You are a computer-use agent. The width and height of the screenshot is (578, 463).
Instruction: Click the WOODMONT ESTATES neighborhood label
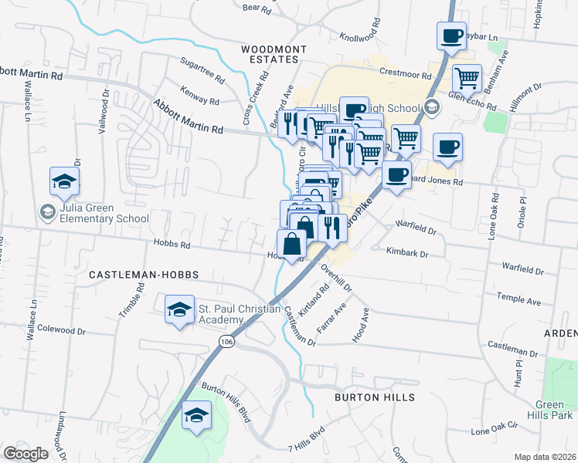coord(274,54)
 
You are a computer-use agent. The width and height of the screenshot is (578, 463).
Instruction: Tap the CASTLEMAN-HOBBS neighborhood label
coord(144,275)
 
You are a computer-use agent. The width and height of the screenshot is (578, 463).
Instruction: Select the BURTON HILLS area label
coord(374,397)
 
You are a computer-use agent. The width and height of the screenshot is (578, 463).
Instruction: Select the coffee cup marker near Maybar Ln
coord(452,35)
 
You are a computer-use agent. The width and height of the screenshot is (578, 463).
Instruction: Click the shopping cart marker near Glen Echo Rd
coord(467,78)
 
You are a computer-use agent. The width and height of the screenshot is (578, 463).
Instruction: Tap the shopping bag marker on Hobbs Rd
coord(293,245)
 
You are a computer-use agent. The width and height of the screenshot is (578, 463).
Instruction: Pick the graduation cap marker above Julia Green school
coord(65,181)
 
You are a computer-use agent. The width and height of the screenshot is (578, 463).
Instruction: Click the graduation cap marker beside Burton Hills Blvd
coord(197,416)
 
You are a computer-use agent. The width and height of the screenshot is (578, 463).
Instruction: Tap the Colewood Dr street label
coord(61,330)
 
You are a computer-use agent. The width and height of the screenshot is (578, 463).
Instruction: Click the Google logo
coord(25,453)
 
